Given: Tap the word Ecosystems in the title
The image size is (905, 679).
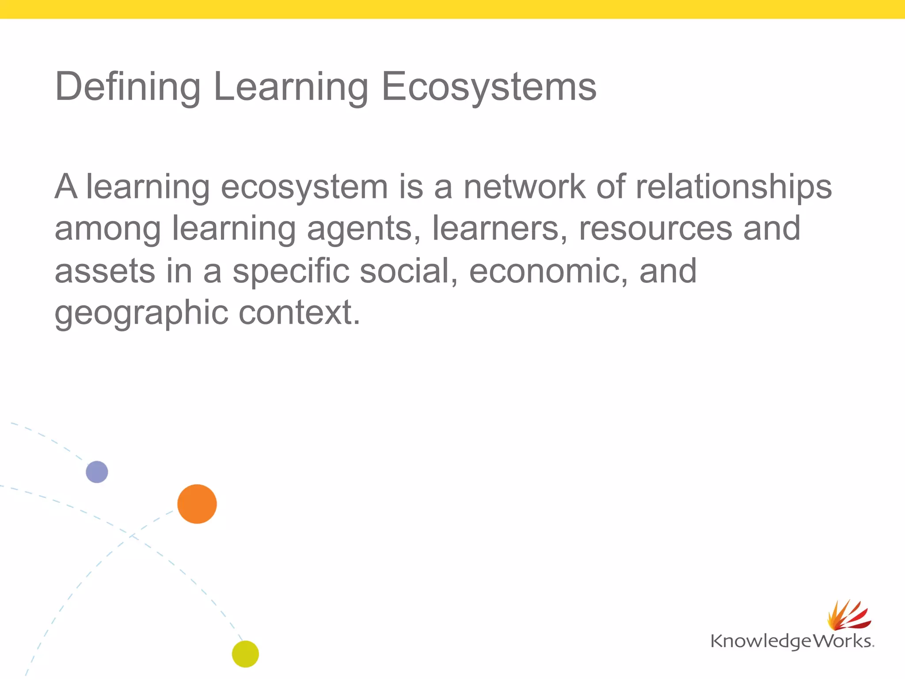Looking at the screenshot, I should pyautogui.click(x=489, y=87).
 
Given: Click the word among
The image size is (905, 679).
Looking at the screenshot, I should pyautogui.click(x=108, y=229).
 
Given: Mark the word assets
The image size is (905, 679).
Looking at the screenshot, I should pyautogui.click(x=105, y=271).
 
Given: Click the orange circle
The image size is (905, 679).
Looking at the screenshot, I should pyautogui.click(x=197, y=504).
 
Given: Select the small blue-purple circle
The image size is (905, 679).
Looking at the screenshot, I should pyautogui.click(x=97, y=472).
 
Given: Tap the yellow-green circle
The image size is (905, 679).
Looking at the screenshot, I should pyautogui.click(x=245, y=654).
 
